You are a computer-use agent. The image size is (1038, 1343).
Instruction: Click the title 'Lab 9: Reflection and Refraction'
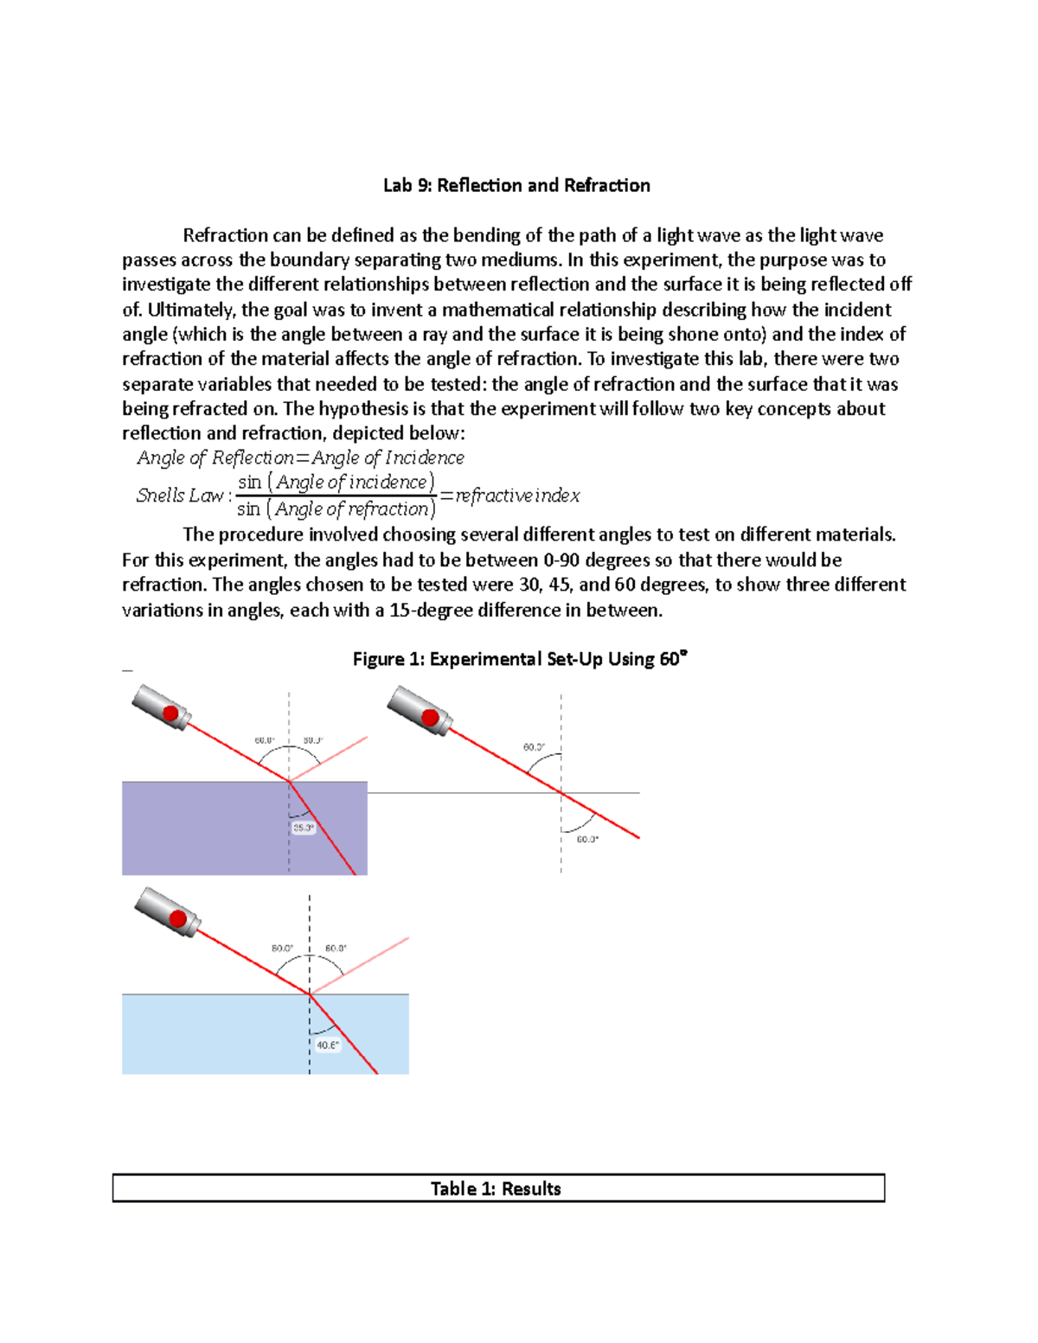pyautogui.click(x=516, y=185)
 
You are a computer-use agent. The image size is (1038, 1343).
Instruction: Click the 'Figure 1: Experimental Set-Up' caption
pyautogui.click(x=519, y=659)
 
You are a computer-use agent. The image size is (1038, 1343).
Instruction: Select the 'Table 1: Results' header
pyautogui.click(x=497, y=1188)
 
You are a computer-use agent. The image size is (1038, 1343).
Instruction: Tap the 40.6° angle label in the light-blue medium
pyautogui.click(x=327, y=1045)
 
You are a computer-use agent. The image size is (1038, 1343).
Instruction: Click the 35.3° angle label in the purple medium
pyautogui.click(x=303, y=828)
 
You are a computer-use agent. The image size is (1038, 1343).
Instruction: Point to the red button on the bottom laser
pyautogui.click(x=178, y=918)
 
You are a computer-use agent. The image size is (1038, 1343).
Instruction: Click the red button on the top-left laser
pyautogui.click(x=170, y=713)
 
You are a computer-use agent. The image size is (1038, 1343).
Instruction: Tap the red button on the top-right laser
pyautogui.click(x=429, y=717)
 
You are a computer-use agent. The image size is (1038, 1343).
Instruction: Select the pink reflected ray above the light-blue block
pyautogui.click(x=363, y=963)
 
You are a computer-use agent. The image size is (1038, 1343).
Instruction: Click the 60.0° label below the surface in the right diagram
pyautogui.click(x=587, y=839)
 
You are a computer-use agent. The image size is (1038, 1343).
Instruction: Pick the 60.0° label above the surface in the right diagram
pyautogui.click(x=534, y=746)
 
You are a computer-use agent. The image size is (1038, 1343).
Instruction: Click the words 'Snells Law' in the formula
pyautogui.click(x=180, y=496)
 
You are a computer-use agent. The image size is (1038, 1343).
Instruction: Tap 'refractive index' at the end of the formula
pyautogui.click(x=517, y=496)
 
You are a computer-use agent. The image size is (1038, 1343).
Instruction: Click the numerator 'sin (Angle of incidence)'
pyautogui.click(x=336, y=482)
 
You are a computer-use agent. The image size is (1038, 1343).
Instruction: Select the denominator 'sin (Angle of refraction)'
pyautogui.click(x=336, y=509)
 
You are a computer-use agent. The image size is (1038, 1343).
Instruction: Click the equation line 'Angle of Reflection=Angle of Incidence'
pyautogui.click(x=300, y=457)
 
